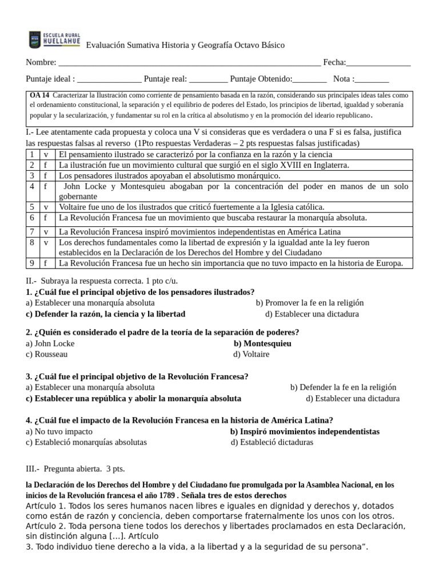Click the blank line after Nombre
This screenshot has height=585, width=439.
(189, 64)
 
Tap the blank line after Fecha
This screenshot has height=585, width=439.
(378, 64)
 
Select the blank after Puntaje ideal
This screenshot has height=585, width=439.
(109, 80)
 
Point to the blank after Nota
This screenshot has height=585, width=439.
(372, 80)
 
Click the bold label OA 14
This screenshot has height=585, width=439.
(39, 95)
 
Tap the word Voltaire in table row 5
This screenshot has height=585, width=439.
(74, 207)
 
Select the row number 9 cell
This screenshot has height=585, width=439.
(33, 263)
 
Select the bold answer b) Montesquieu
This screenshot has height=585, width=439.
(262, 343)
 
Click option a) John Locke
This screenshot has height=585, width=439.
(50, 343)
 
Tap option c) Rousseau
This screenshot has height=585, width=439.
(47, 354)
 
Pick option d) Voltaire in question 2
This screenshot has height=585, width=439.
(252, 354)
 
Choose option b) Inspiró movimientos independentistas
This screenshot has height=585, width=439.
(305, 431)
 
